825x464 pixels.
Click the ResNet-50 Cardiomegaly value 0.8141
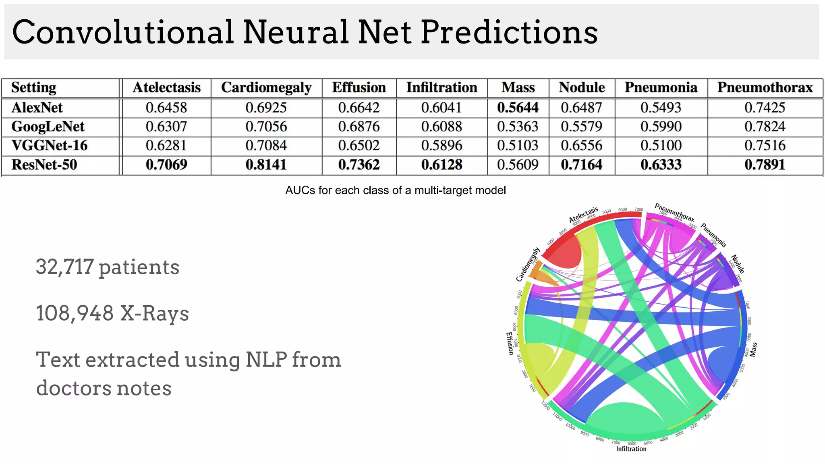point(266,165)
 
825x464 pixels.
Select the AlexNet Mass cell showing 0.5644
point(518,108)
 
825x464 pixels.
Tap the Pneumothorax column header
point(765,87)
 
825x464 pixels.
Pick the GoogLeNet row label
point(48,126)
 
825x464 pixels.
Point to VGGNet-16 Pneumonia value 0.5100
point(661,145)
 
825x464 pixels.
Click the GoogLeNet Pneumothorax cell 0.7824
point(765,126)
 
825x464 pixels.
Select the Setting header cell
point(34,87)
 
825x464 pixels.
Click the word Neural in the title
point(296,32)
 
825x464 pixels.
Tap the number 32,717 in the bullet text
point(65,267)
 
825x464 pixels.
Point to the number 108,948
point(75,313)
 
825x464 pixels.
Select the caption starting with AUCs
point(395,190)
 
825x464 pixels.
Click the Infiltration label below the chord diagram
point(631,449)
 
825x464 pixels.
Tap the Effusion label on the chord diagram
point(510,343)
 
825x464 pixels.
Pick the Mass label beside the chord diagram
point(753,349)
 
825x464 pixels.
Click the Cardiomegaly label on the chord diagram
point(528,265)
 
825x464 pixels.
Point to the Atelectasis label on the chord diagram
point(583,215)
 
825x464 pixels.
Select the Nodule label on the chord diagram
point(738,264)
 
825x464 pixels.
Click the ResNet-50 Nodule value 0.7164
point(581,165)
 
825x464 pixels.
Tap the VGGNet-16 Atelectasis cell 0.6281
point(166,145)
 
